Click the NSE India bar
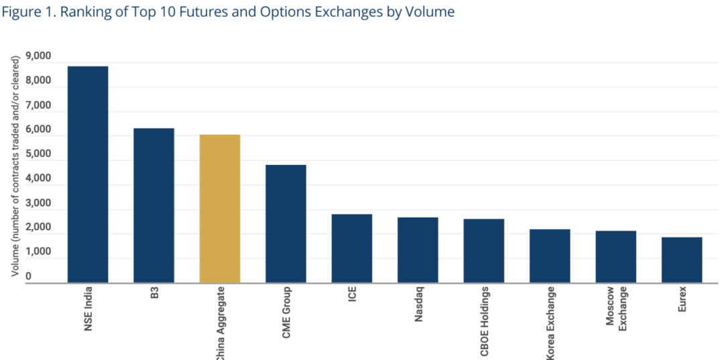(x=88, y=174)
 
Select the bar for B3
(x=154, y=205)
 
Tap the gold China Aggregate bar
(x=220, y=208)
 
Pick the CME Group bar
(x=286, y=223)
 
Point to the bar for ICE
(x=352, y=248)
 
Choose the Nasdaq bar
(x=418, y=249)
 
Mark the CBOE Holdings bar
(x=484, y=250)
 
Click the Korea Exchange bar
(x=550, y=255)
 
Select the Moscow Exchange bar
(x=615, y=256)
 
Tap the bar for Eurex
(x=682, y=259)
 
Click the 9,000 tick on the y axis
(x=38, y=57)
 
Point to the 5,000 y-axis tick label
(x=38, y=154)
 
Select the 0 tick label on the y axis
(x=29, y=276)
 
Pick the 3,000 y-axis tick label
(x=38, y=203)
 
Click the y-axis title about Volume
(x=15, y=166)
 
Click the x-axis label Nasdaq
(x=418, y=306)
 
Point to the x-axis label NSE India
(x=88, y=310)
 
